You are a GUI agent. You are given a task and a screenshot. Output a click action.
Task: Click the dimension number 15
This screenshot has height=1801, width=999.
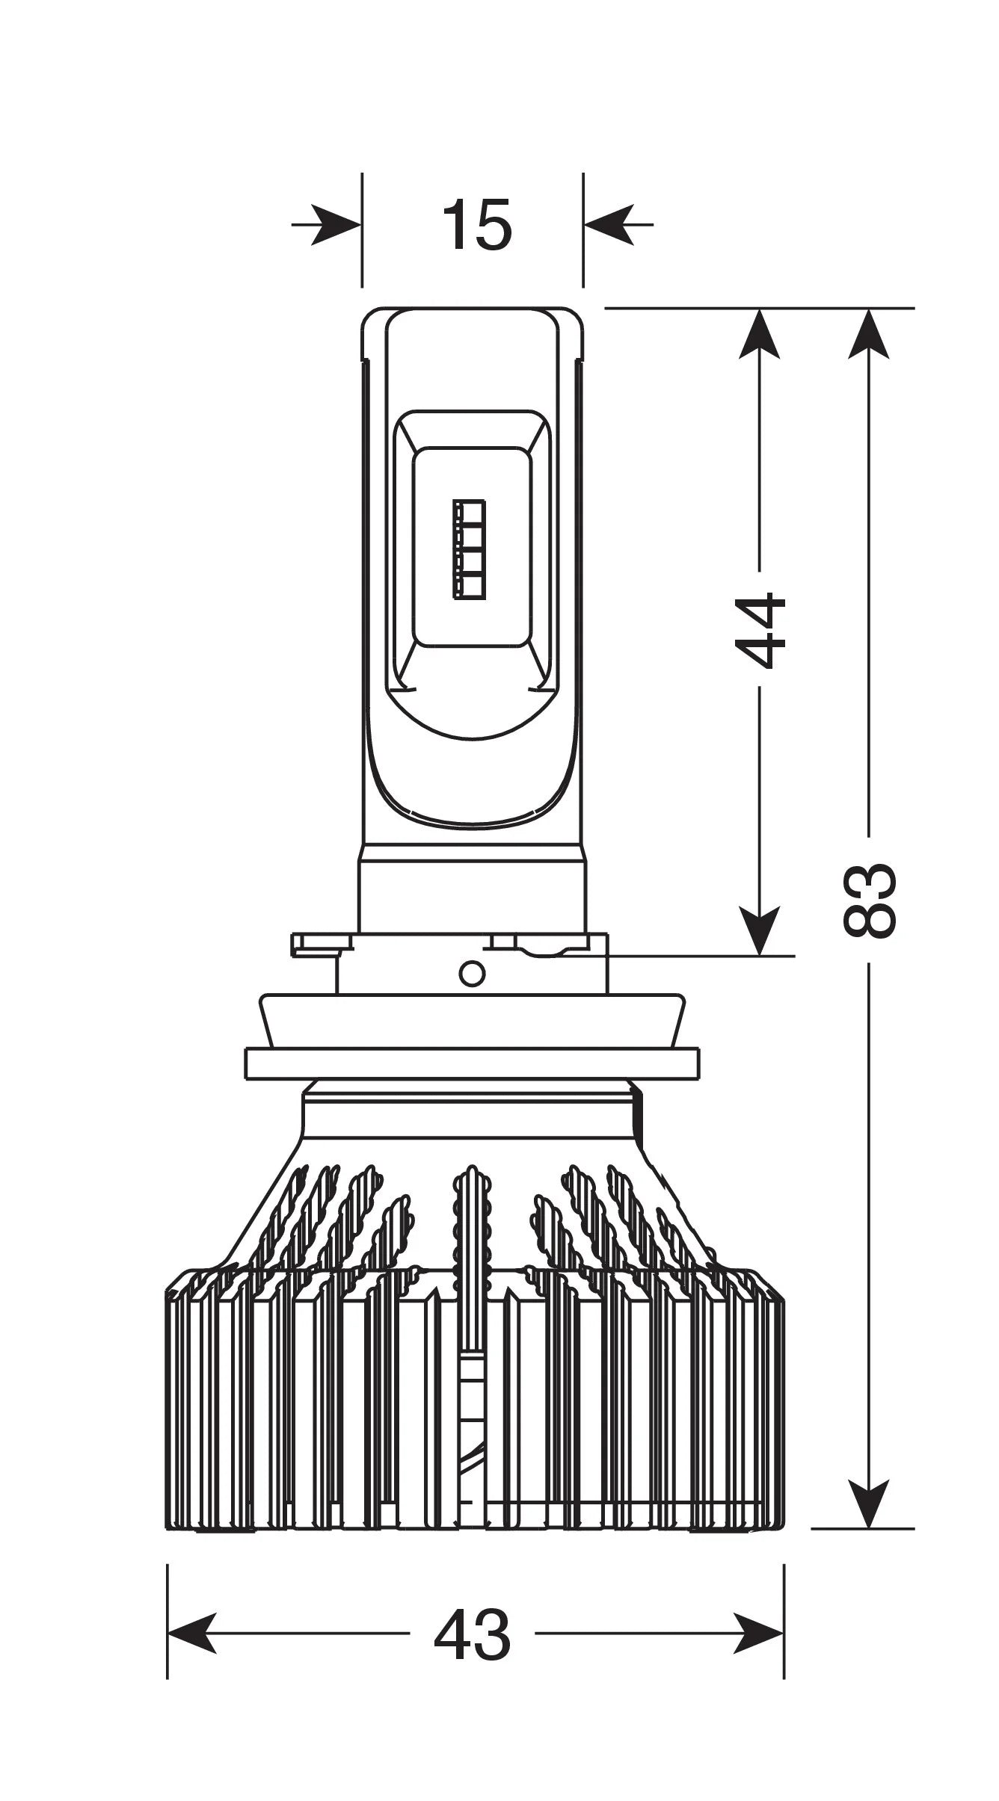coord(477,223)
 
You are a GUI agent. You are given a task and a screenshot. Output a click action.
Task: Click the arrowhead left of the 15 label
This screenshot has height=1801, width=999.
coord(336,223)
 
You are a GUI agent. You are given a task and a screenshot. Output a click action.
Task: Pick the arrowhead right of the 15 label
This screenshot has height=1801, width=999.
coord(609,223)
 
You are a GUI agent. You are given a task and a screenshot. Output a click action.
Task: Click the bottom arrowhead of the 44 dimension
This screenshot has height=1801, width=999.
coord(760,930)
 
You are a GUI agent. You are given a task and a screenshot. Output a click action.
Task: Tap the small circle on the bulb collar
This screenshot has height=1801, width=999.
coord(473,974)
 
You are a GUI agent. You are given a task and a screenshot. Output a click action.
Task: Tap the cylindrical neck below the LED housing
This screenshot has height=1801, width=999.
coord(472,889)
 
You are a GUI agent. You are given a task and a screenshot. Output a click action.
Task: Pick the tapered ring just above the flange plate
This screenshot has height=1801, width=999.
coord(473,1021)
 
